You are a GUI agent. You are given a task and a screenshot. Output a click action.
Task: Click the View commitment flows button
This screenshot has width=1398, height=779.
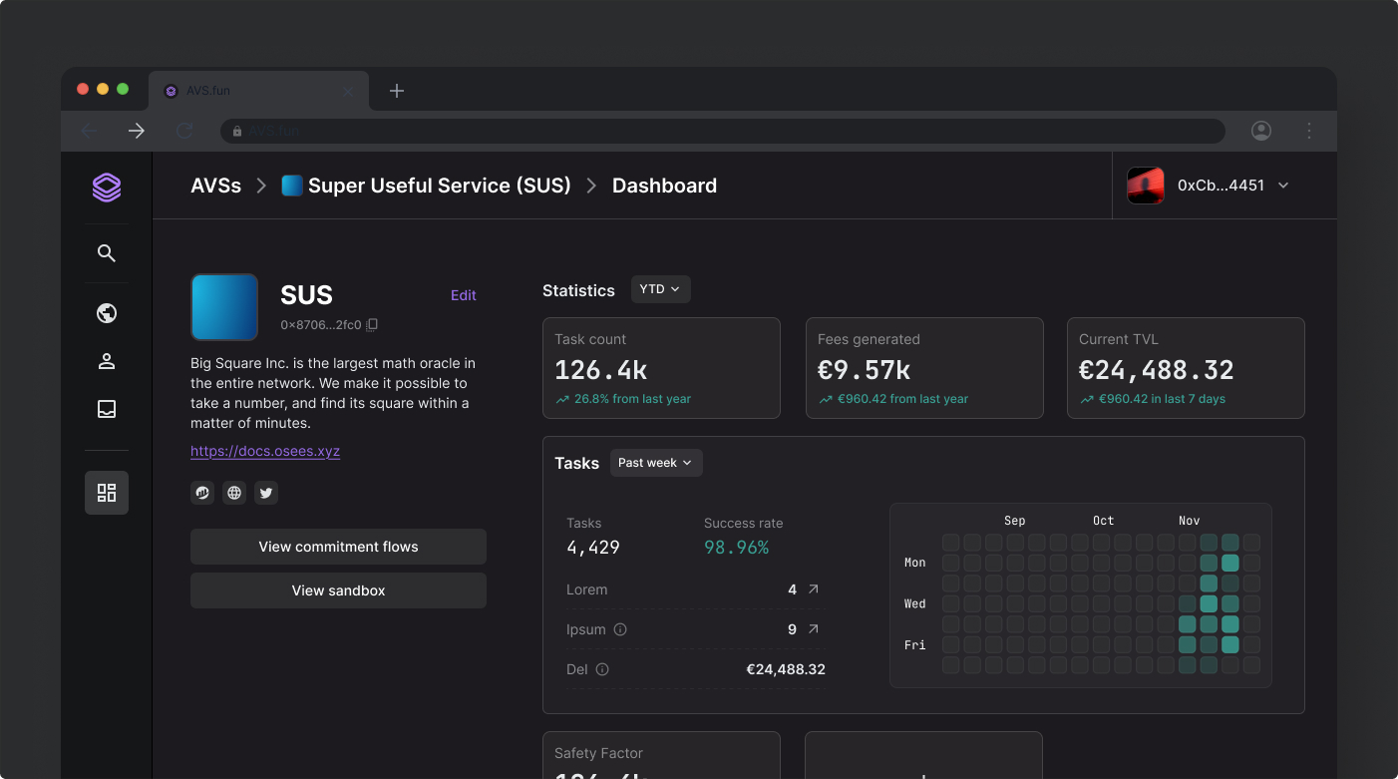point(338,547)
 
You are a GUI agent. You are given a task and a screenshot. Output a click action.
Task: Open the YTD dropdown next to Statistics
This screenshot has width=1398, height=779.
point(660,289)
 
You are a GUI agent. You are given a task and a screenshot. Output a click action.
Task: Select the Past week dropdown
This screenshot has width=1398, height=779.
point(656,463)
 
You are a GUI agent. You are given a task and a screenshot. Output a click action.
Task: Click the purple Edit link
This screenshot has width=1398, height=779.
point(463,295)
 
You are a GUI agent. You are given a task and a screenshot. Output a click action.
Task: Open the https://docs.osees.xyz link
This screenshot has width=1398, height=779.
point(265,451)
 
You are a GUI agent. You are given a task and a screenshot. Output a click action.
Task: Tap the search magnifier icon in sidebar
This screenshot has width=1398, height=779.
point(107,253)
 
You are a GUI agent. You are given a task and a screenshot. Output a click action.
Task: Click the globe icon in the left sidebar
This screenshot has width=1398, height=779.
point(107,313)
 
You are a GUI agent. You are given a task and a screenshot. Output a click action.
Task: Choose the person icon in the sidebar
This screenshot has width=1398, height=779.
point(107,361)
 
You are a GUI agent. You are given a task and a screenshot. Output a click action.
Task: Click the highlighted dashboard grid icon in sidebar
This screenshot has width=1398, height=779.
point(107,493)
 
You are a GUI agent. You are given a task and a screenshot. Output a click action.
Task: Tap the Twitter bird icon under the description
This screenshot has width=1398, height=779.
point(265,493)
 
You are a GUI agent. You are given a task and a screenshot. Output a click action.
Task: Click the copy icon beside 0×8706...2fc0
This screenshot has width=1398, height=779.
point(372,324)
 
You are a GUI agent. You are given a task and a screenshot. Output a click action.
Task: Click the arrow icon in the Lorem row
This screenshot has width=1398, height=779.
point(813,589)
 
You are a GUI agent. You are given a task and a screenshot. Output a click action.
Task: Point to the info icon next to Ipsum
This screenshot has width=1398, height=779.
point(620,629)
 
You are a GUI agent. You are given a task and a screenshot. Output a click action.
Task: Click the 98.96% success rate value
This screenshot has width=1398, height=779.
point(736,547)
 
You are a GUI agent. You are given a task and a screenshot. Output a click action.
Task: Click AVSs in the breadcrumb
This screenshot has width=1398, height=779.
point(216,186)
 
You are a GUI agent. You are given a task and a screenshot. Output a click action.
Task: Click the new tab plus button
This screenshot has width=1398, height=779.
point(397,91)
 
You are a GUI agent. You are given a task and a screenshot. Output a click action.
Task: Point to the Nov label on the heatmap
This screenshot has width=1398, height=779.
point(1189,521)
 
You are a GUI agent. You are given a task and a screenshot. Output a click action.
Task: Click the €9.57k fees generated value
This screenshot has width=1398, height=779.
point(864,370)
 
